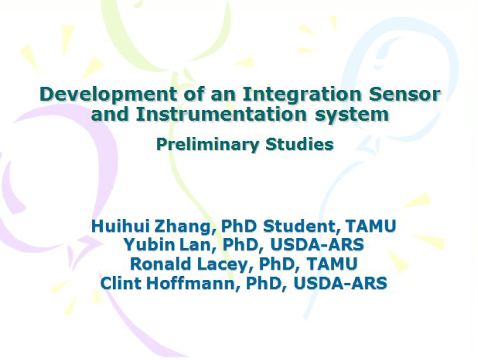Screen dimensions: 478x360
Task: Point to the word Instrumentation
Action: pyautogui.click(x=221, y=114)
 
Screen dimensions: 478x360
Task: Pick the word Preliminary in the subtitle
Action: pyautogui.click(x=207, y=144)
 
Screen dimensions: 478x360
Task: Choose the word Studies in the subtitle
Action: pyautogui.click(x=299, y=144)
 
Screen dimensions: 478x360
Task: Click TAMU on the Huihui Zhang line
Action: pyautogui.click(x=371, y=226)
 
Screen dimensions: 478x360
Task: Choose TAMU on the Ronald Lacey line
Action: pyautogui.click(x=332, y=264)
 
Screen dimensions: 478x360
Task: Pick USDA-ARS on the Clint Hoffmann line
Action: pyautogui.click(x=340, y=283)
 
